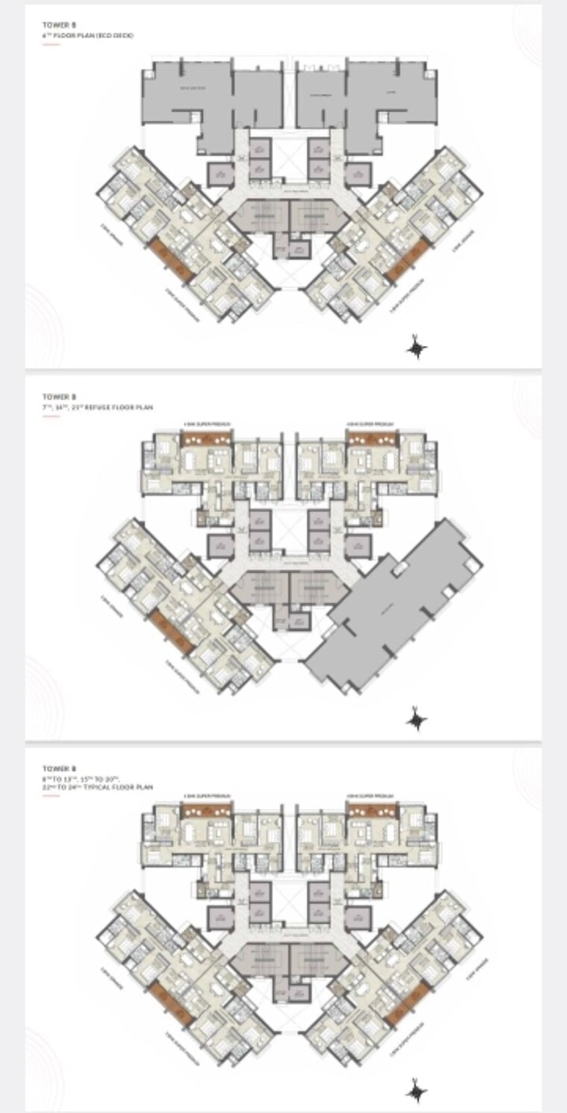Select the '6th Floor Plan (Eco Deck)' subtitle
click(89, 35)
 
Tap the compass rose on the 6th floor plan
click(417, 347)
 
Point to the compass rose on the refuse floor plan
click(416, 719)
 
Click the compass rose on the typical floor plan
click(416, 1090)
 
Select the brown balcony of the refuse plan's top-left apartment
click(207, 439)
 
